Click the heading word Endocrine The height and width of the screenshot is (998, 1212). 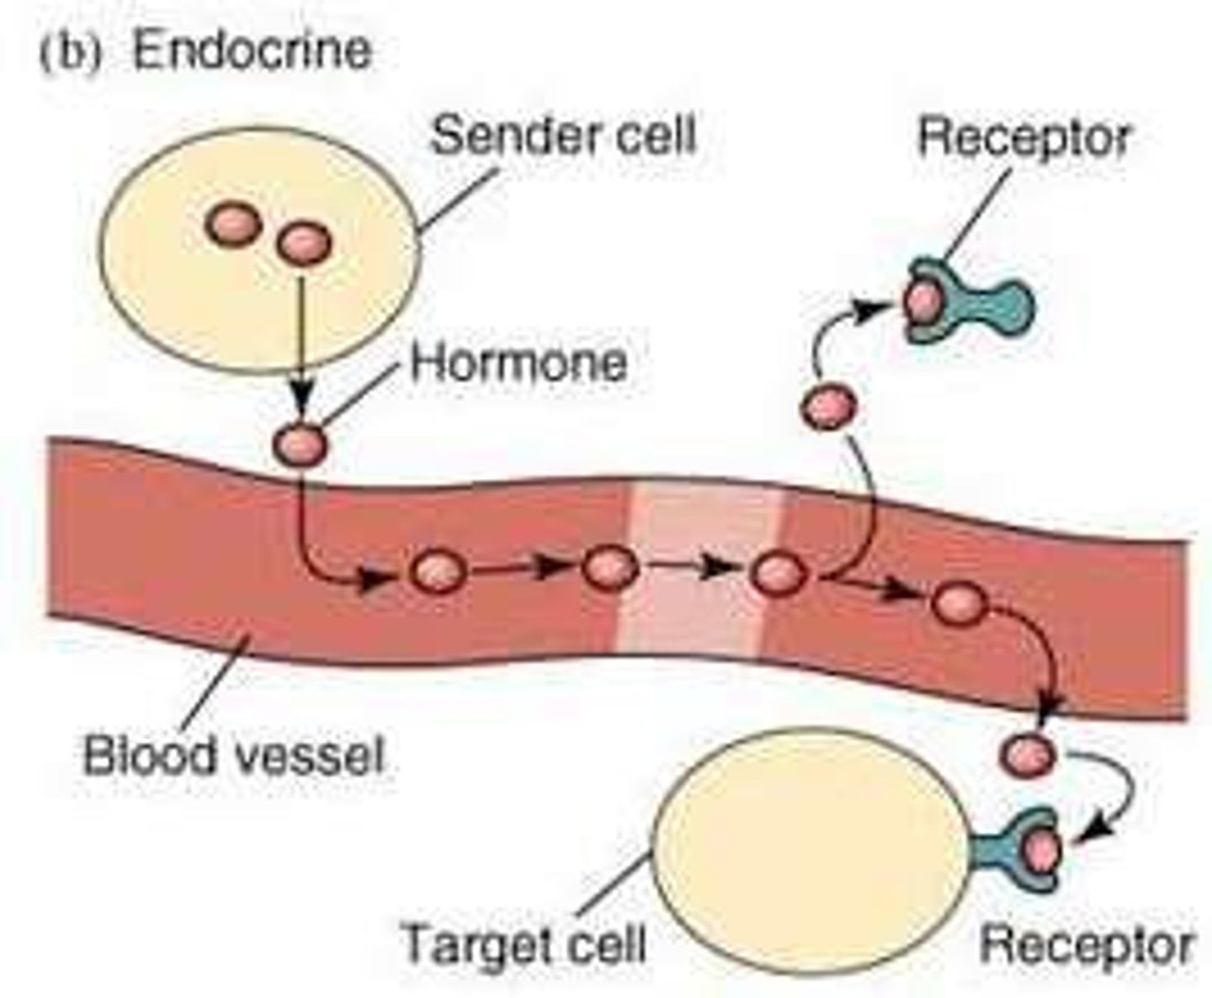click(x=251, y=50)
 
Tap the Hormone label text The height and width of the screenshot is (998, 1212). click(x=518, y=364)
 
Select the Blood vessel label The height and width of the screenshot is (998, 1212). click(x=233, y=755)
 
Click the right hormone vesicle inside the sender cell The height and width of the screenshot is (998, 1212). click(x=304, y=244)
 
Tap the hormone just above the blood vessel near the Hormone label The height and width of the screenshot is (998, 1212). click(x=299, y=443)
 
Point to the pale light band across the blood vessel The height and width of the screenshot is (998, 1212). click(x=703, y=572)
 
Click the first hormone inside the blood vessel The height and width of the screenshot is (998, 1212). click(x=438, y=572)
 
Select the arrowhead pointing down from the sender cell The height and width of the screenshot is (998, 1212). click(x=300, y=395)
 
